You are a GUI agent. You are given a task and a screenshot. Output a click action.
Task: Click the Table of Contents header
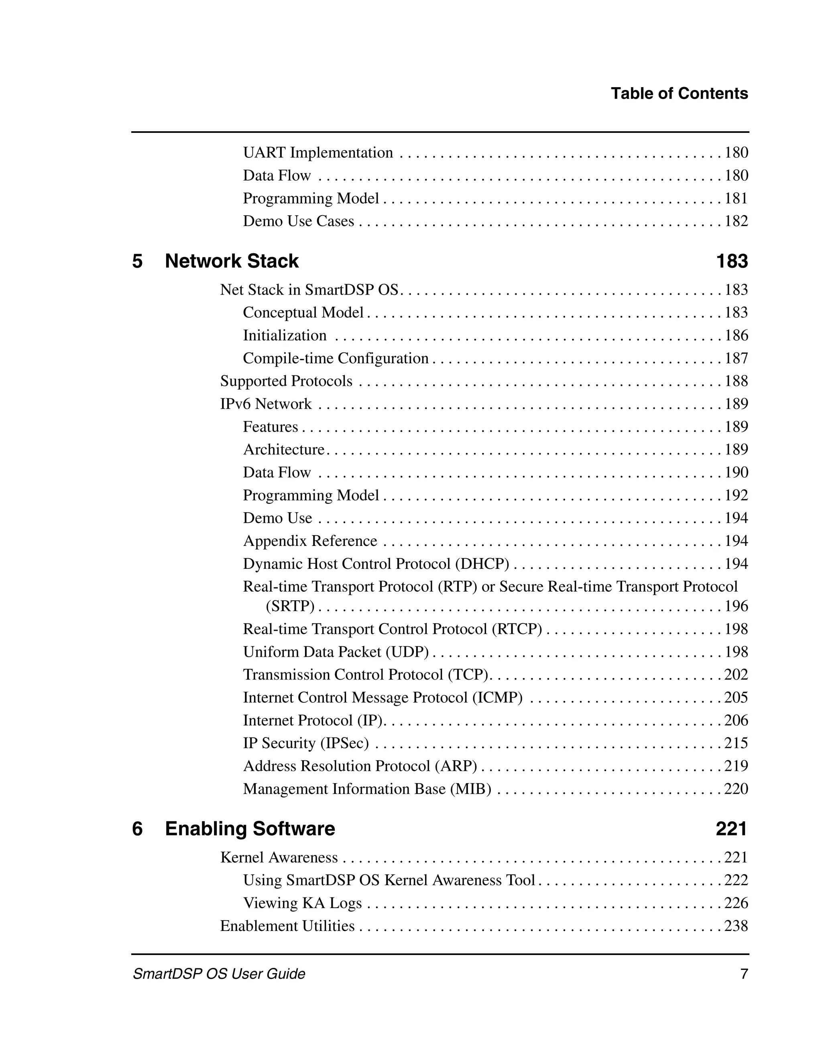679,94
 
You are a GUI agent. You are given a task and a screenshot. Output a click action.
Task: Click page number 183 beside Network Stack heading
732,261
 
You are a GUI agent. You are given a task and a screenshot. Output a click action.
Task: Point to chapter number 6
137,829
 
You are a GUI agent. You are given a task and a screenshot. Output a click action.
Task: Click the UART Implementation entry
318,153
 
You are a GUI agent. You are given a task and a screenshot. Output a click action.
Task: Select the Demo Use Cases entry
299,221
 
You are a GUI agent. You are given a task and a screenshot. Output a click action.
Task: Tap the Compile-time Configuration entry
336,358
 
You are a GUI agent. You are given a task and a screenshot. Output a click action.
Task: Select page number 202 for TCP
736,675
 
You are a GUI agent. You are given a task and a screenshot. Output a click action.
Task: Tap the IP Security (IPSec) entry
306,743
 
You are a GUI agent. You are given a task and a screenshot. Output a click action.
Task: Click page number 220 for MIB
736,789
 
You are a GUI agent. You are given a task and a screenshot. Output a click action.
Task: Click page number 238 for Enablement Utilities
736,926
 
